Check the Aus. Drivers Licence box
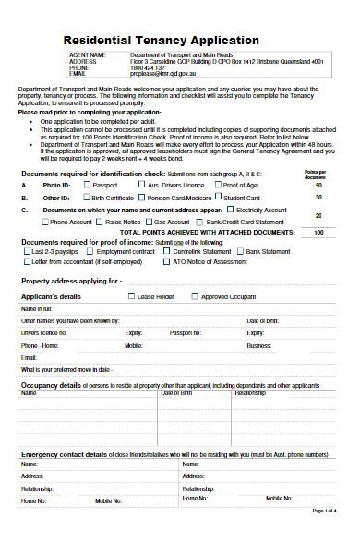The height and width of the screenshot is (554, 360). [x=141, y=186]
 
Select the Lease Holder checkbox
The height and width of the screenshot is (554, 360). [x=131, y=296]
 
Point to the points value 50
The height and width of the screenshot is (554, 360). [x=318, y=186]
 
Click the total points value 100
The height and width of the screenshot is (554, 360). [x=318, y=232]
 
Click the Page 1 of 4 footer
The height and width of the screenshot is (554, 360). [x=324, y=536]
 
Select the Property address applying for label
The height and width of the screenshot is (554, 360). [x=71, y=279]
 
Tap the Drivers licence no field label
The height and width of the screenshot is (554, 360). [x=44, y=331]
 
